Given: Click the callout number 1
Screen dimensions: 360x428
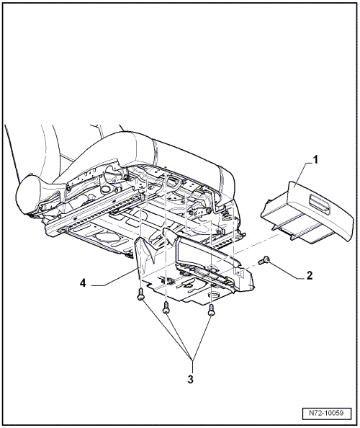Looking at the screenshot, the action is (x=315, y=159).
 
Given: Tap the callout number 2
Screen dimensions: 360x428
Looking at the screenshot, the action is (x=310, y=275).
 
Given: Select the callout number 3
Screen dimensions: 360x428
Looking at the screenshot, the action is (x=190, y=379).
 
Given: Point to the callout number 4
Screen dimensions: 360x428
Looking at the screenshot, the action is (x=83, y=283).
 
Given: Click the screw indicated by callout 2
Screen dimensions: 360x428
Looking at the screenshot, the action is (x=264, y=259).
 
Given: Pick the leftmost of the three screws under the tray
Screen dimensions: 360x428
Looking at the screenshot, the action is (x=140, y=295).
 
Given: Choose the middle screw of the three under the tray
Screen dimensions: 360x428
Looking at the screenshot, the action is (x=166, y=308).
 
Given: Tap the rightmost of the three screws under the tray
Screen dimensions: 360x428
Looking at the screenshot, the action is (x=212, y=310).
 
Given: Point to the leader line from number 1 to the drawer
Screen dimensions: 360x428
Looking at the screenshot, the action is (x=300, y=174).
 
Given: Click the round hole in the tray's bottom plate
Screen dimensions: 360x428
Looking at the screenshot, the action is (x=214, y=295).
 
